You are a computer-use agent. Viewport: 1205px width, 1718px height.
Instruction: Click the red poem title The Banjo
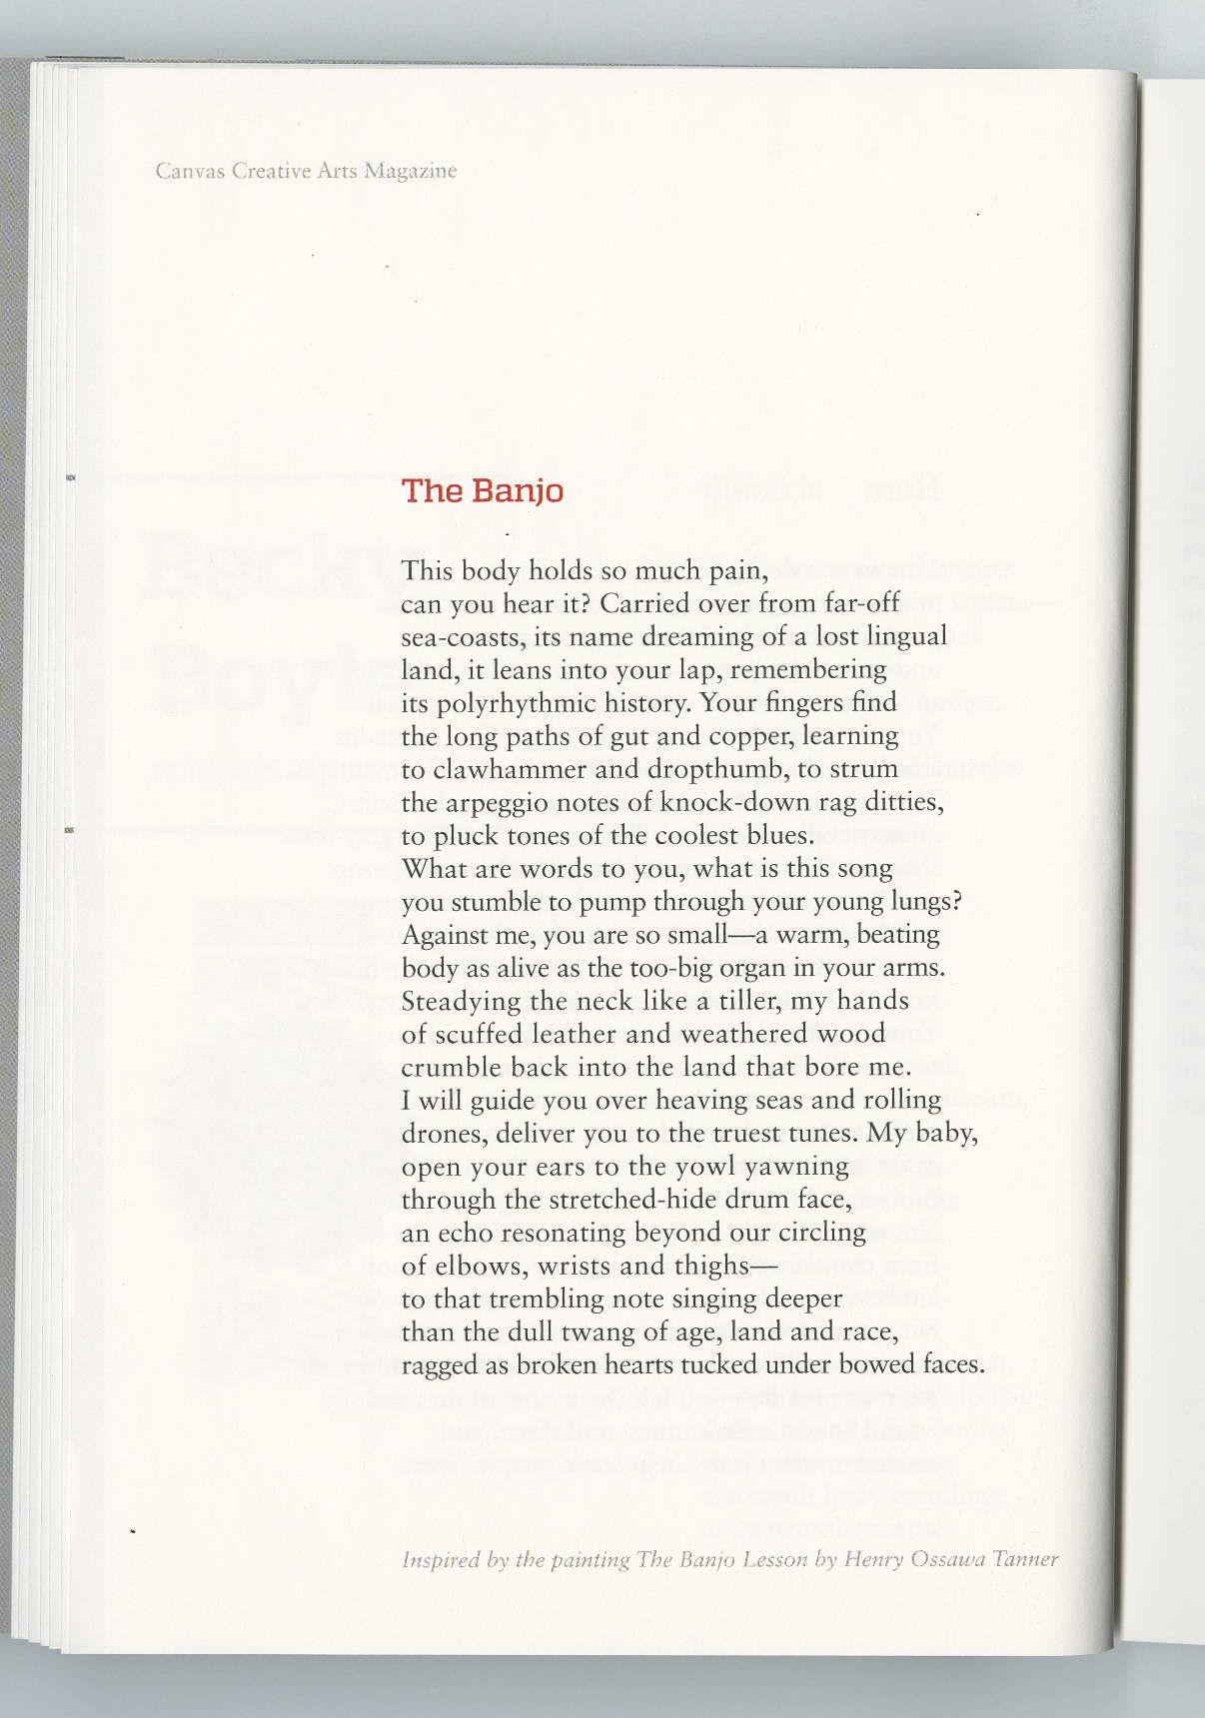482,491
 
